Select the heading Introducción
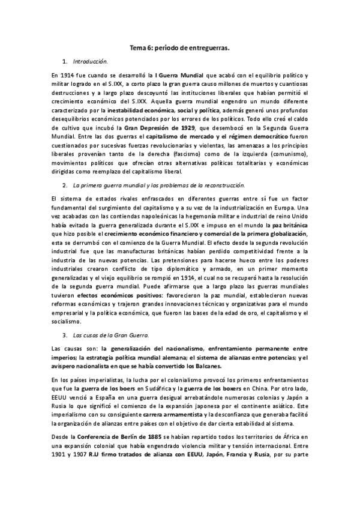(90, 61)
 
